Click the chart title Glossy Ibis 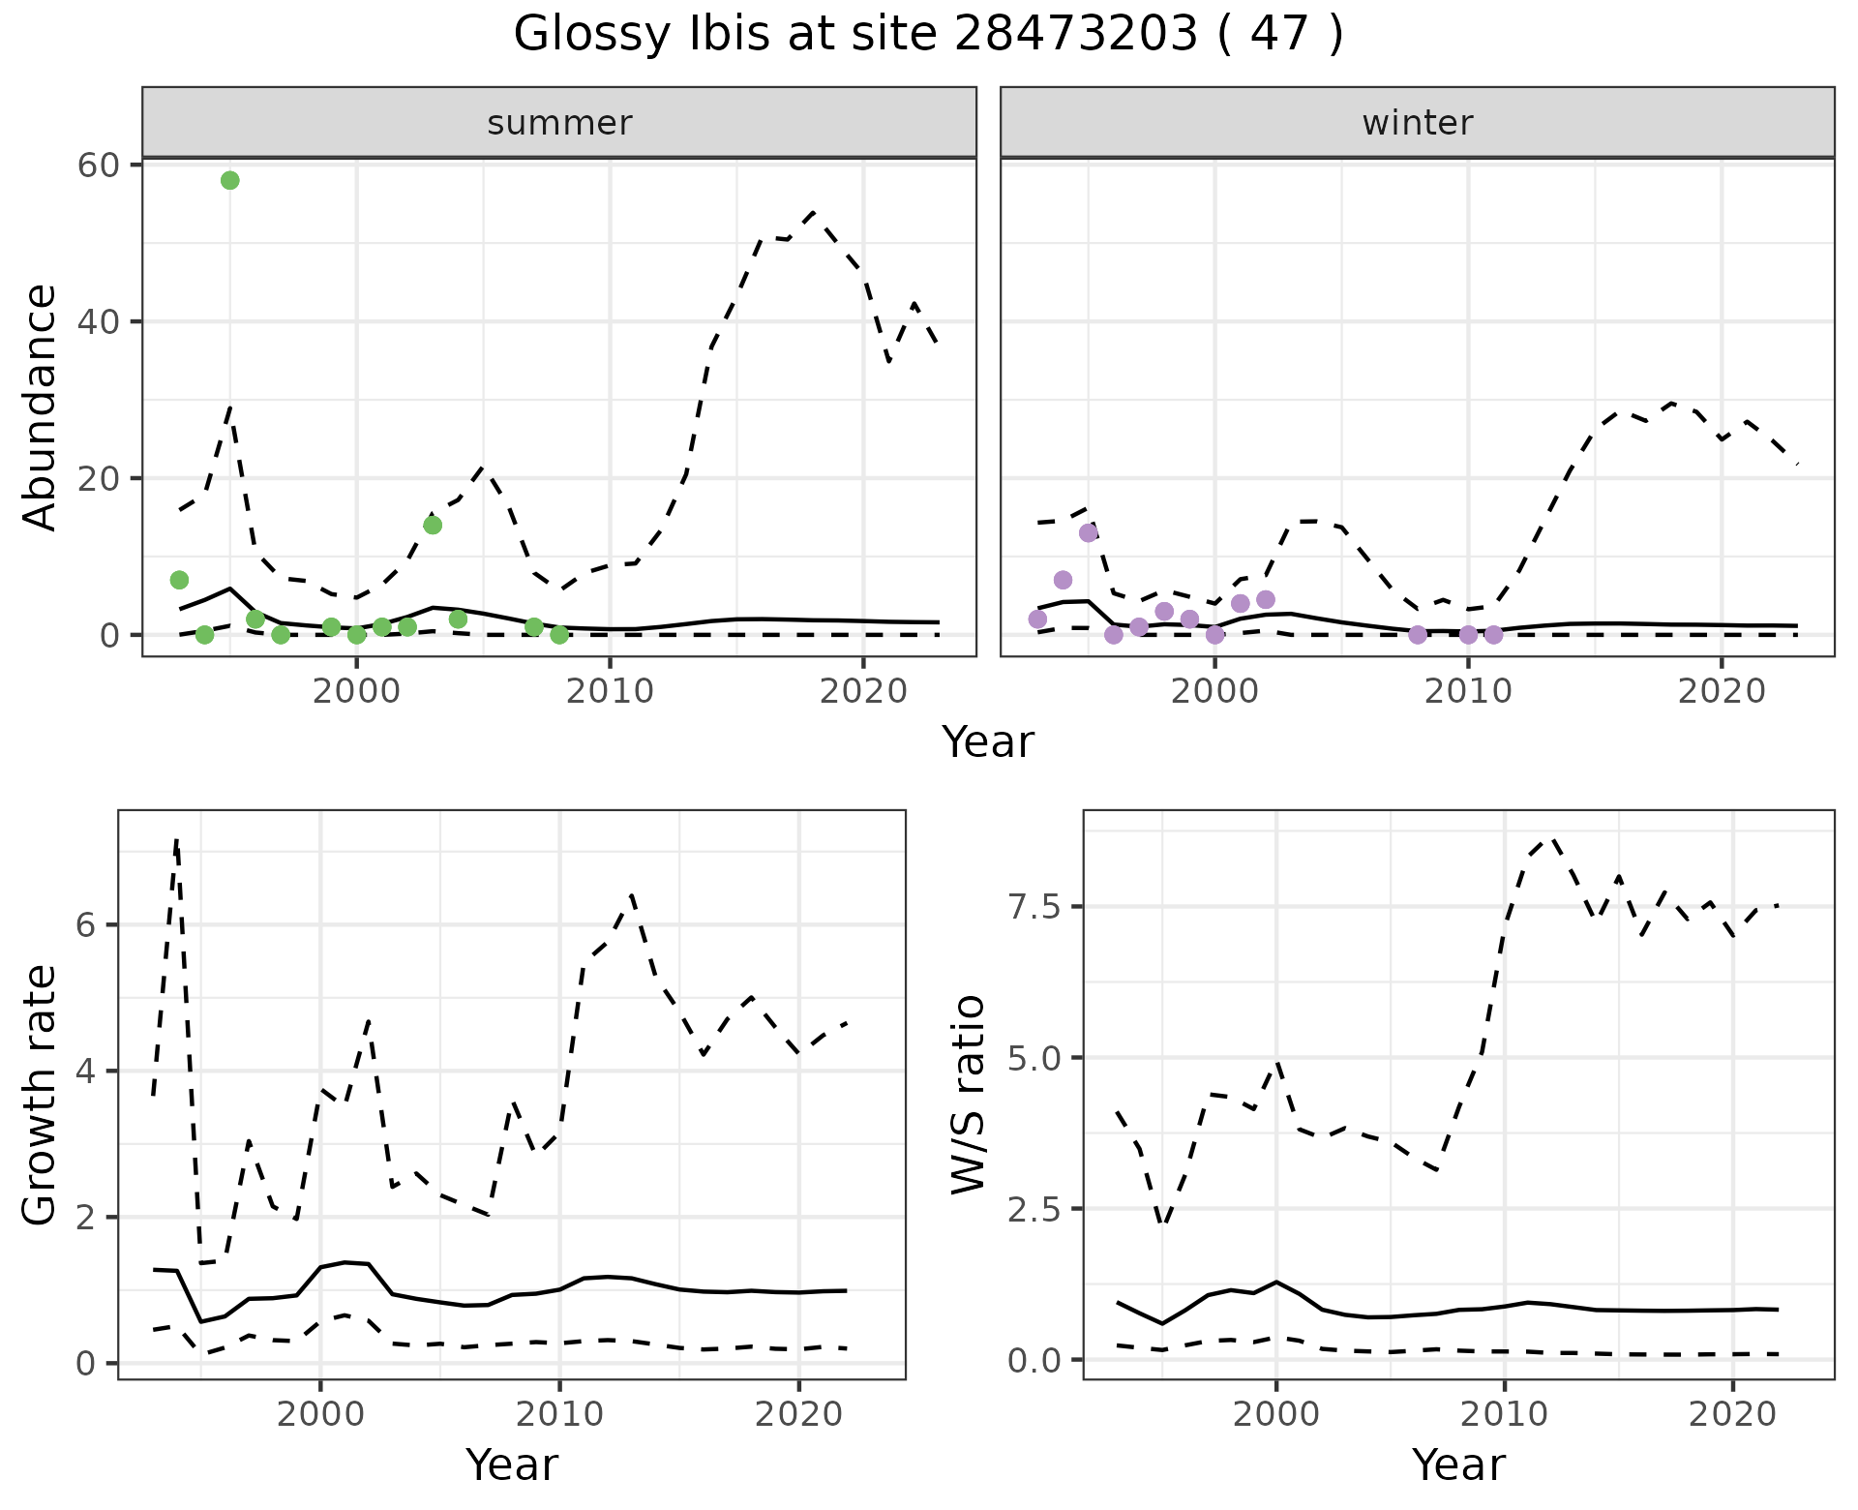[x=927, y=35]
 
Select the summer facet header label [x=559, y=123]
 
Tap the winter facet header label [x=1417, y=123]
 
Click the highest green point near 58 [x=229, y=180]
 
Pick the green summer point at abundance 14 [x=433, y=525]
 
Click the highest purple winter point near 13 [x=1088, y=532]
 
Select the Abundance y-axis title [x=41, y=407]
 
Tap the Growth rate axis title [x=41, y=1096]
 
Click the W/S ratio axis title [x=969, y=1095]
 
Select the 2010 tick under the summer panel [x=610, y=691]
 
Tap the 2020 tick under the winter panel [x=1722, y=691]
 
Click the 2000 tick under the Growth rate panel [x=320, y=1414]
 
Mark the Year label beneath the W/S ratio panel [x=1458, y=1465]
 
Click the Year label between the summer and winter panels [x=987, y=741]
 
